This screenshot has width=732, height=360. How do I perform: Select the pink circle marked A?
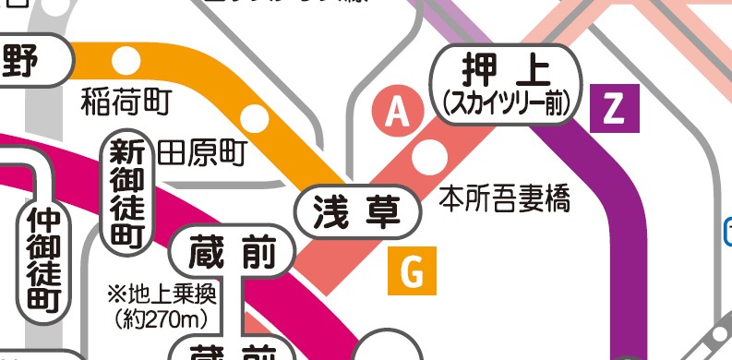(397, 112)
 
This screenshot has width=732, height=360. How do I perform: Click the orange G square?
(412, 271)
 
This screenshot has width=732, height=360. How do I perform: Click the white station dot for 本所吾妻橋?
(427, 157)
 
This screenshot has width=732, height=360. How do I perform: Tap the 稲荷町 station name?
(126, 101)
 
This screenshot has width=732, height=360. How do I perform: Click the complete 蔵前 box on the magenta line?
(234, 255)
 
